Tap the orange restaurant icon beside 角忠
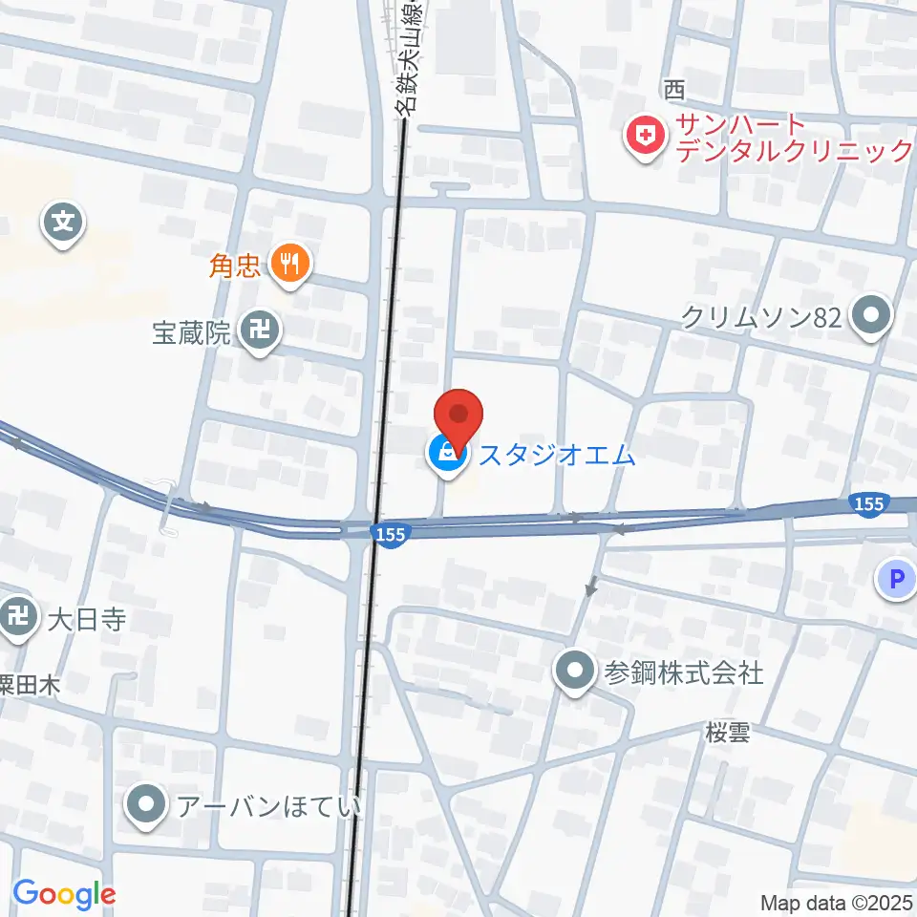tap(289, 263)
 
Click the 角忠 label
tap(235, 265)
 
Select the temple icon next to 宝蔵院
tap(259, 332)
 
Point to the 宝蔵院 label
tap(192, 333)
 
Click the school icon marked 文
tap(63, 225)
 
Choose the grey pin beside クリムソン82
tap(870, 316)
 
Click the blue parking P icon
tap(896, 578)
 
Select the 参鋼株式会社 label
tap(683, 672)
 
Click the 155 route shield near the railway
tap(391, 535)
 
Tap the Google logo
tap(64, 894)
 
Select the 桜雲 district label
tap(727, 734)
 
